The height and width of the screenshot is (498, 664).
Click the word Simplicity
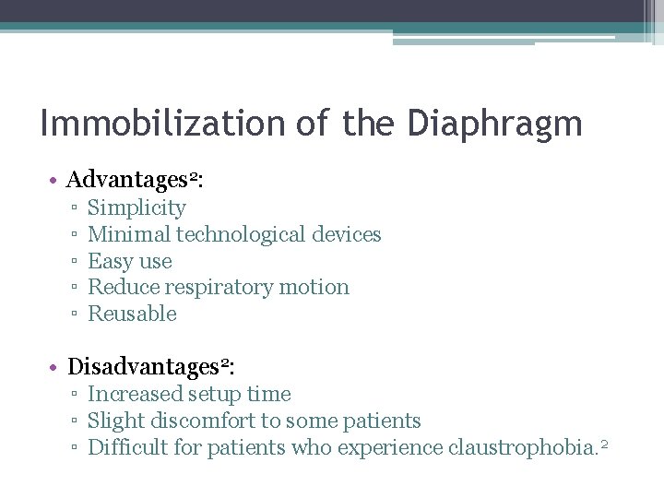tap(136, 208)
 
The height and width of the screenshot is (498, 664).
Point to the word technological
tap(237, 235)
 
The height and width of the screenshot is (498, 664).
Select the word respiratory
tap(214, 288)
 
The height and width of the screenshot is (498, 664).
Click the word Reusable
tap(132, 314)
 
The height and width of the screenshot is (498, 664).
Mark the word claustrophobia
tap(520, 448)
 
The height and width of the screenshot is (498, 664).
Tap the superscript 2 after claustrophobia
tap(604, 445)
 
